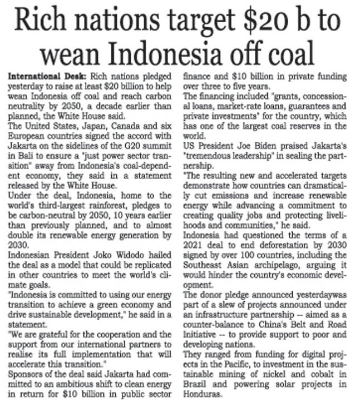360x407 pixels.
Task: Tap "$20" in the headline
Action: pyautogui.click(x=260, y=23)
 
